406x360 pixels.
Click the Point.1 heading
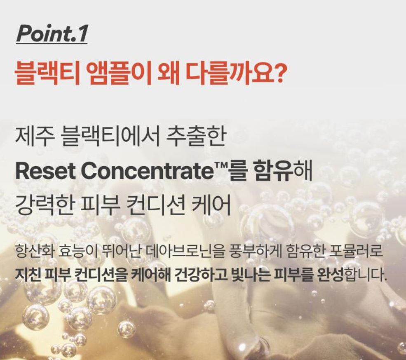[x=52, y=34]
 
